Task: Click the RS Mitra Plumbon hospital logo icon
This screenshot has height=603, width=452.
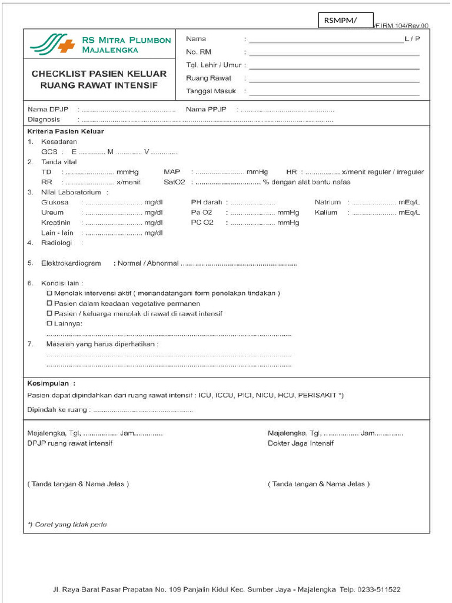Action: pos(52,44)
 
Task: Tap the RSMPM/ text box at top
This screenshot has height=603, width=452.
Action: pos(346,21)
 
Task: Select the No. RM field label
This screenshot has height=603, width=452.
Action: pos(198,52)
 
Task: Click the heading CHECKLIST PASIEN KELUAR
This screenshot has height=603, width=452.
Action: pos(99,74)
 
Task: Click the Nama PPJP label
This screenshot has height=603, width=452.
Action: pos(206,110)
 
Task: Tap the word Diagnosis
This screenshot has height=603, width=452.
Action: pos(44,120)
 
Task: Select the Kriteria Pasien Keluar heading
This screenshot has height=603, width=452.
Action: pos(65,131)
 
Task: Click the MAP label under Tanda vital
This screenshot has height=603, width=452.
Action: pos(172,171)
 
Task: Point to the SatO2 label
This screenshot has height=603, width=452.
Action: pos(175,182)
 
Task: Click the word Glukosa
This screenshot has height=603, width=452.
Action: pos(55,202)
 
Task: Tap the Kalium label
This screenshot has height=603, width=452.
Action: pos(325,212)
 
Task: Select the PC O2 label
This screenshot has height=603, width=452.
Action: pos(202,223)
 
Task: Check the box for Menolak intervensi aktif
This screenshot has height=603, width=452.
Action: pos(49,293)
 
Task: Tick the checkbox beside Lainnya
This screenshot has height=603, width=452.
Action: pos(49,323)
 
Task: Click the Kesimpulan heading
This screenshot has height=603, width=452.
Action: pos(51,382)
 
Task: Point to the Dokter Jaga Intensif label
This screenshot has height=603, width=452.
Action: pos(300,443)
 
